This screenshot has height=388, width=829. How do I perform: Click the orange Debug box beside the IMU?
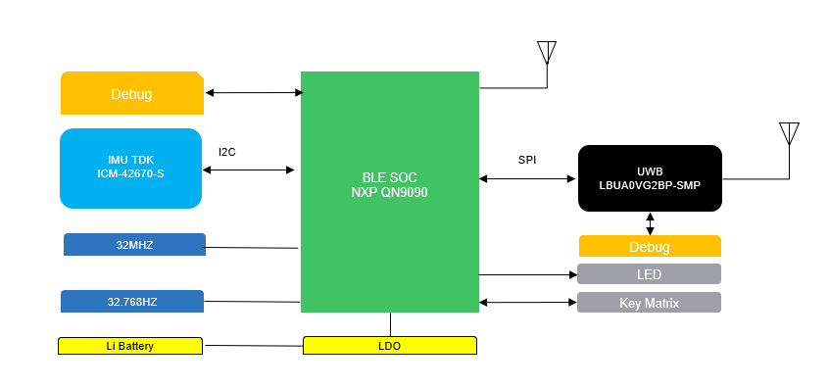click(131, 94)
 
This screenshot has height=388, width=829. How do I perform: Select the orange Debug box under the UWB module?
click(650, 246)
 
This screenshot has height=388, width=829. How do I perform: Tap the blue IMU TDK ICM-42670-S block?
click(130, 168)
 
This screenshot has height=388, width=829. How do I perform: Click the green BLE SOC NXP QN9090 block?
click(389, 186)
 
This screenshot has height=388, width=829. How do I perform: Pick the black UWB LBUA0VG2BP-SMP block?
click(650, 177)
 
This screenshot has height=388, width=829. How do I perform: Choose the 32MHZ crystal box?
click(134, 244)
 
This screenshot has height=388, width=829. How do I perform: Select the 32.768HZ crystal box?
click(132, 301)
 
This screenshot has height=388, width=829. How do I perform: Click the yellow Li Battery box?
click(129, 346)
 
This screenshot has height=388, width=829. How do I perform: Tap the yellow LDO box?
click(389, 346)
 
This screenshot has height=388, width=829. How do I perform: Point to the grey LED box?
click(650, 273)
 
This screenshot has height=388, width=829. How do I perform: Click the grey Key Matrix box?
click(650, 303)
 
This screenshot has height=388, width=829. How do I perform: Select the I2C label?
click(227, 152)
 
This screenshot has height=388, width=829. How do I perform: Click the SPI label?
click(527, 159)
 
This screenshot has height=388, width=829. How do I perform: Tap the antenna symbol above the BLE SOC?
click(546, 53)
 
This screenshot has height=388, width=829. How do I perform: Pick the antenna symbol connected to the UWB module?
click(789, 134)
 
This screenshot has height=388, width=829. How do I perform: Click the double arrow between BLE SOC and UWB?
click(527, 178)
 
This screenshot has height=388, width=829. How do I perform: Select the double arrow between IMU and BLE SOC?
click(249, 170)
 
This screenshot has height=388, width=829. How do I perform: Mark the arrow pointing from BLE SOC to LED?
click(527, 274)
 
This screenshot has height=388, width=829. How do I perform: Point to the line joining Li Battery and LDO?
click(252, 346)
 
